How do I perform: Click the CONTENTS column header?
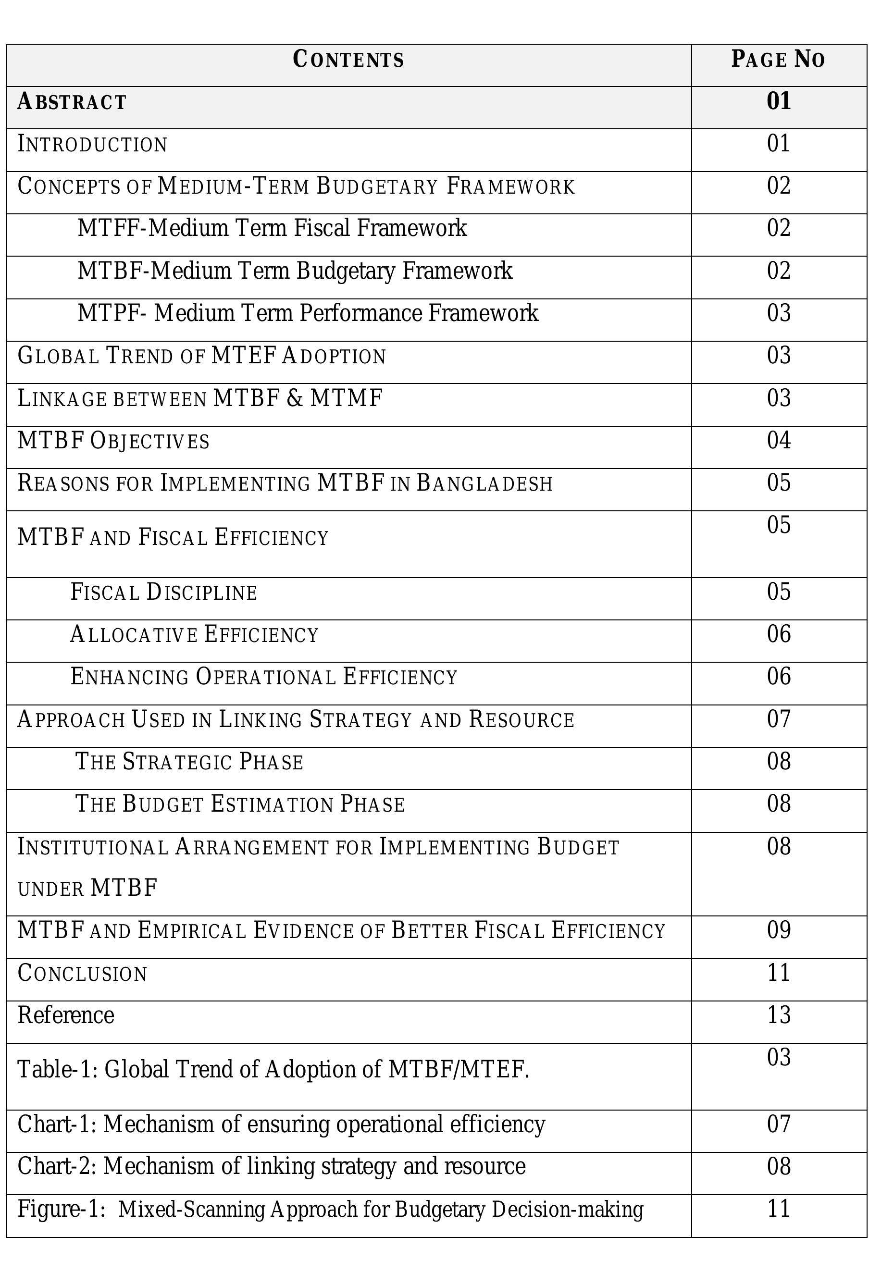click(348, 59)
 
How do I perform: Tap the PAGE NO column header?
click(778, 59)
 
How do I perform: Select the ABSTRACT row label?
click(72, 102)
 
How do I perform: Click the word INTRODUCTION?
click(92, 144)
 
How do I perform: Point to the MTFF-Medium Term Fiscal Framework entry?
click(272, 228)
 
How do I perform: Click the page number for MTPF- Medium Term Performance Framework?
click(778, 313)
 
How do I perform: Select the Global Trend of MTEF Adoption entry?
click(201, 356)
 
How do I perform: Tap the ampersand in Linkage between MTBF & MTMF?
click(295, 398)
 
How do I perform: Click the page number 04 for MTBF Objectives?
click(778, 440)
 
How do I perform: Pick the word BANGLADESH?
click(484, 483)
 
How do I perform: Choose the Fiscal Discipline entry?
click(164, 592)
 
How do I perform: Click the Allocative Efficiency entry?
click(194, 634)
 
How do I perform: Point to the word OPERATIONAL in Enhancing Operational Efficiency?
click(265, 677)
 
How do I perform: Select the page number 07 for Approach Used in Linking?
click(778, 719)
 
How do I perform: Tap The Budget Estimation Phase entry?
click(239, 804)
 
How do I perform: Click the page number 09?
click(778, 930)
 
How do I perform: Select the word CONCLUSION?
click(82, 974)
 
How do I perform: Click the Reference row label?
click(66, 1015)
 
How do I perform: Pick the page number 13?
click(778, 1015)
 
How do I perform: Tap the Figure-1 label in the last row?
click(61, 1209)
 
